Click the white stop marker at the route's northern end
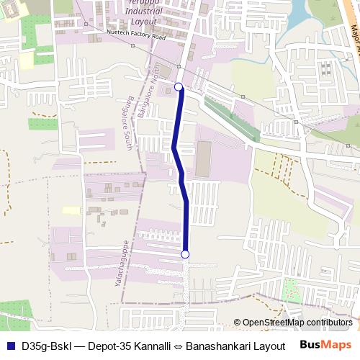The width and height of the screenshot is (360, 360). coord(179,88)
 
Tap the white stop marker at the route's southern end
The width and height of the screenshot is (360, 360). coord(185,254)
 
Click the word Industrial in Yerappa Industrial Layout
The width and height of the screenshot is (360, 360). coord(143,12)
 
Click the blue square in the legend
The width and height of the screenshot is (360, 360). coord(9,346)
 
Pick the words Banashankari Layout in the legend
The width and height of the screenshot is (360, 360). coord(235,346)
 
